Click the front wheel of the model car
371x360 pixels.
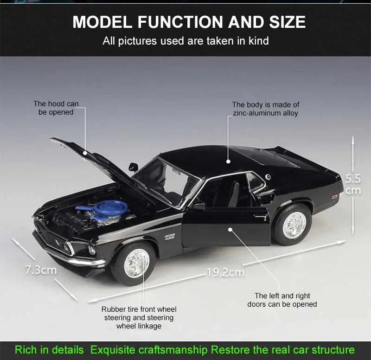[136, 263]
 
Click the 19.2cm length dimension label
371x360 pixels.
[225, 272]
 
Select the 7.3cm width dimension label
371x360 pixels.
[40, 270]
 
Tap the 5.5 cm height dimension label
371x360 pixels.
[353, 184]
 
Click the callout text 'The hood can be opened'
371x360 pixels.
[56, 108]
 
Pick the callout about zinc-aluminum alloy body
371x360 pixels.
[266, 109]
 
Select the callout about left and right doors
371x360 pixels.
[282, 300]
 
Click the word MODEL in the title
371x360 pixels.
[101, 22]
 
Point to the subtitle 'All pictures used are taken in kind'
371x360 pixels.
[185, 41]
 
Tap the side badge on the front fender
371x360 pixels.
[170, 237]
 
